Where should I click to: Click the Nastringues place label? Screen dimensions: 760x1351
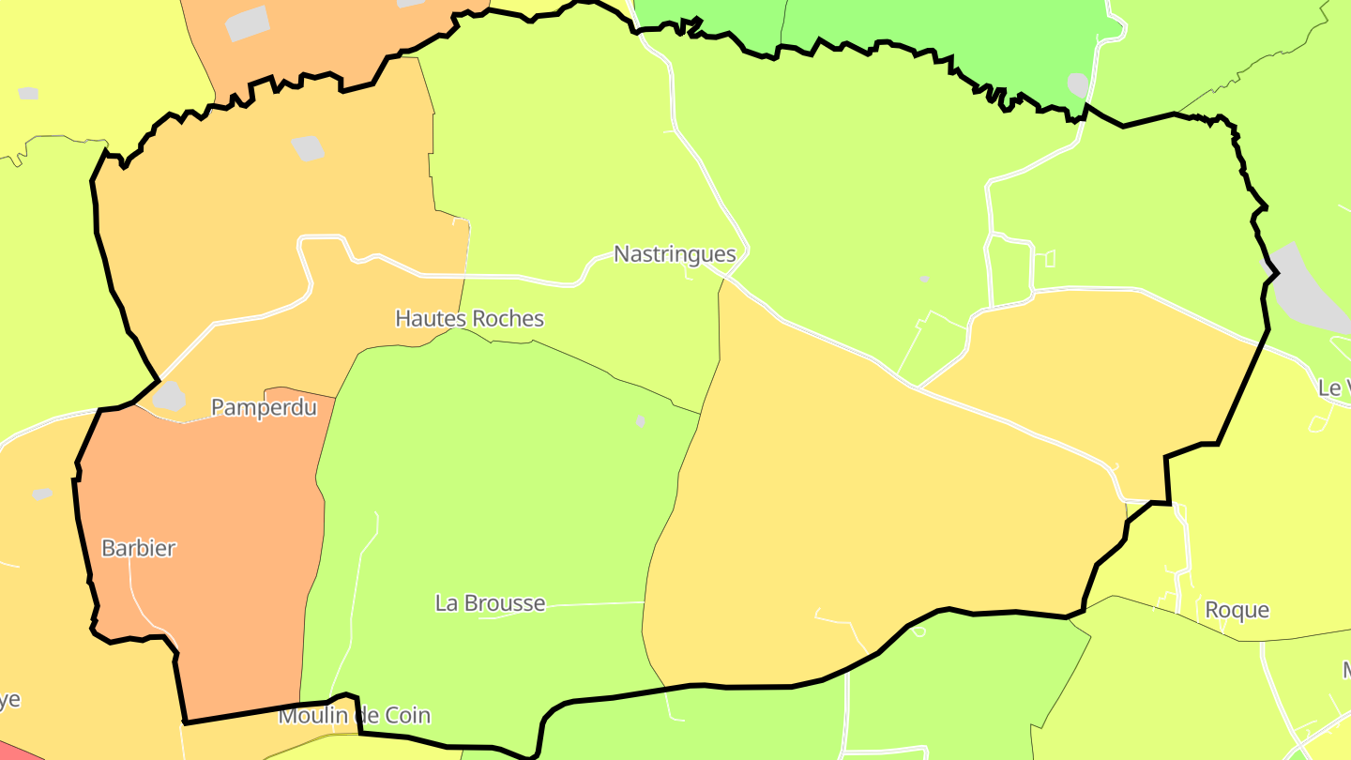[675, 254]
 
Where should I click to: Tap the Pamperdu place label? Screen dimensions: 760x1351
[264, 407]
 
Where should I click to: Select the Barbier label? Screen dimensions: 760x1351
[138, 548]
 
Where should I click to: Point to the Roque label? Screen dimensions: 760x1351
[1237, 610]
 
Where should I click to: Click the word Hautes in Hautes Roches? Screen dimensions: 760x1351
[431, 319]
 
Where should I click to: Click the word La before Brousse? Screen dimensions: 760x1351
[447, 603]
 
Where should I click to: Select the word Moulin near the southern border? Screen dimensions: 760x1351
[311, 716]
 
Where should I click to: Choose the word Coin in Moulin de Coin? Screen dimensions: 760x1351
[404, 716]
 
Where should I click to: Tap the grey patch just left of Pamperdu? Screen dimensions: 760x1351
[169, 397]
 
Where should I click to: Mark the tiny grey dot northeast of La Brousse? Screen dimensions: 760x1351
[641, 421]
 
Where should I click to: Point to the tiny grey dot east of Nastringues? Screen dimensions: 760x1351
[924, 279]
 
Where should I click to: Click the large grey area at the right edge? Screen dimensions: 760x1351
[1309, 291]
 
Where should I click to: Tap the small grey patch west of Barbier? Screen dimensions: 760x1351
[42, 494]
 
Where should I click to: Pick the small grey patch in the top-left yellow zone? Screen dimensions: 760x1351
[28, 94]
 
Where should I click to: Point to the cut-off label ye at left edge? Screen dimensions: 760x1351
[9, 700]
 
